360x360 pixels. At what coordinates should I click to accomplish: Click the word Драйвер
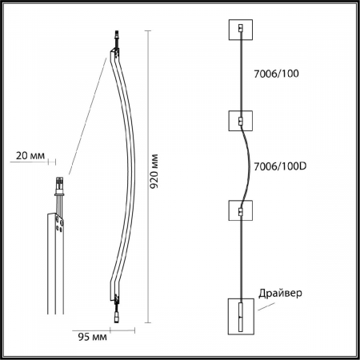tap(281, 293)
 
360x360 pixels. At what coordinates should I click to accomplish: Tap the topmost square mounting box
tap(241, 29)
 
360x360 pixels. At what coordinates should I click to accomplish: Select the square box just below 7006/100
tap(241, 121)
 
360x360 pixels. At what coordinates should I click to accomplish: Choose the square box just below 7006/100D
tap(241, 213)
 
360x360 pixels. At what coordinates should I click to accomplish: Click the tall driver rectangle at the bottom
tap(241, 316)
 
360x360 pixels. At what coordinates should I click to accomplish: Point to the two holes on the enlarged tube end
tap(59, 226)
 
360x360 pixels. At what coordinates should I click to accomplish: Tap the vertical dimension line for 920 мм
tap(148, 177)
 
